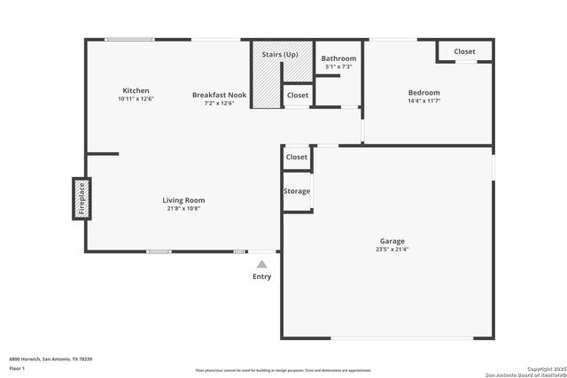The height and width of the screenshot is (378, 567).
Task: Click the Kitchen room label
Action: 136,90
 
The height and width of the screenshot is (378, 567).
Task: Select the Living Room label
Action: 183,200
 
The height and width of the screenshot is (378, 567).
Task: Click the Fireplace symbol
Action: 81,198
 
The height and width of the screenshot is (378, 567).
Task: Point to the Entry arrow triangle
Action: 262,263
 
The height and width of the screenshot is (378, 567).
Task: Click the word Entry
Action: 262,276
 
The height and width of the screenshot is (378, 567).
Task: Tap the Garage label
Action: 392,241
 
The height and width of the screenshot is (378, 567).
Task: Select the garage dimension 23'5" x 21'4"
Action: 392,250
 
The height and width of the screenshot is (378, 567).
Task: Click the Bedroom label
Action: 423,92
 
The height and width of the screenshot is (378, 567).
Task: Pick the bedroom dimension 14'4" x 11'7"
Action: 423,101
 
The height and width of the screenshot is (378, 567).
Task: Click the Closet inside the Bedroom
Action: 464,51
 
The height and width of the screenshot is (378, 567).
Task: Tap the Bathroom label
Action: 338,58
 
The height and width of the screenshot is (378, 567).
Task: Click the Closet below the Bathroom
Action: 298,95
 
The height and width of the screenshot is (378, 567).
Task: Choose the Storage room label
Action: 297,191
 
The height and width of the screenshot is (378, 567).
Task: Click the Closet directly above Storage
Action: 297,157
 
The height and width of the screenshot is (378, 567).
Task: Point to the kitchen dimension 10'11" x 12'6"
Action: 136,99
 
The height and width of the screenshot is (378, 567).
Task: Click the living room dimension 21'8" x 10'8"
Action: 183,209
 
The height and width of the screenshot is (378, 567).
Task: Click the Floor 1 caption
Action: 17,367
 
